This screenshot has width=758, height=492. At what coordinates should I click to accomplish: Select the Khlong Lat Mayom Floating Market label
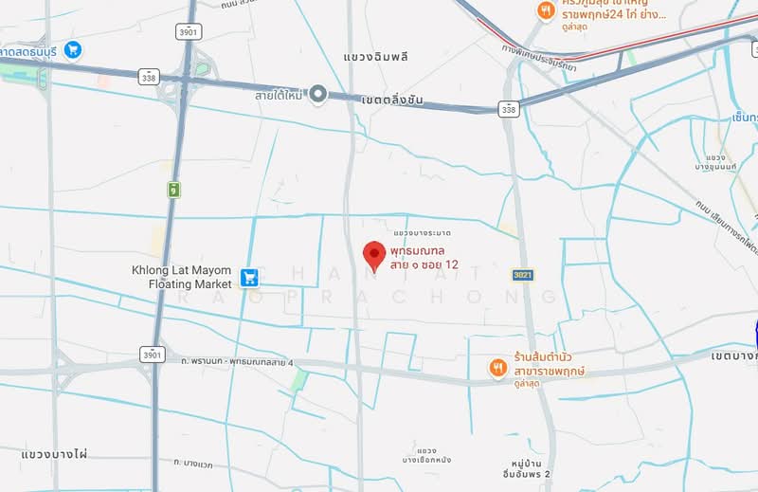point(181,277)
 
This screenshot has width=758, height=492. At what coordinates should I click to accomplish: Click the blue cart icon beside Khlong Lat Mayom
point(249,277)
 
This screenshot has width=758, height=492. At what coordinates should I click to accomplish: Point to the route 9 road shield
point(174,190)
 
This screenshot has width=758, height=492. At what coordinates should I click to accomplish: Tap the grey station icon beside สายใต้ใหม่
point(319,94)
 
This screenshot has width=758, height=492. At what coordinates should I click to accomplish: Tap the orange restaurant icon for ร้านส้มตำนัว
point(497,367)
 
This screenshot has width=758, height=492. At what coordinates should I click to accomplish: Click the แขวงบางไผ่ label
point(54,454)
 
